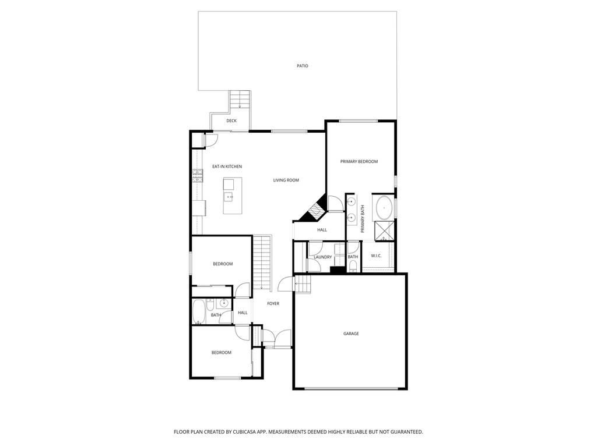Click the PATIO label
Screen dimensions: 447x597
coord(302,66)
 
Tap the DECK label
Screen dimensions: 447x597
coord(231,120)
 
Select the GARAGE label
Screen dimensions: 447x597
coord(350,334)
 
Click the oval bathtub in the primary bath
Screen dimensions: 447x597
coord(384,207)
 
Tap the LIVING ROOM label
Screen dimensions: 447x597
coord(286,180)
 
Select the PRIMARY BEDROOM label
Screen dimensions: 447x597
coord(359,161)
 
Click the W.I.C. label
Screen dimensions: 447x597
coord(376,257)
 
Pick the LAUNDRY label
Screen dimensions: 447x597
coord(322,257)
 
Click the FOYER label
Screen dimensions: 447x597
coord(273,303)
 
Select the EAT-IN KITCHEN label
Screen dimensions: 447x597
coord(226,166)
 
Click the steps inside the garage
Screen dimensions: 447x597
coord(303,285)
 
